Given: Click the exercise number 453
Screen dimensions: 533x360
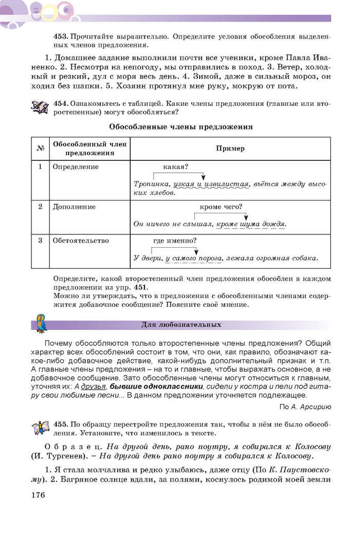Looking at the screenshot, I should [61, 37].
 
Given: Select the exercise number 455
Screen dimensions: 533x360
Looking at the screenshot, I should [61, 425].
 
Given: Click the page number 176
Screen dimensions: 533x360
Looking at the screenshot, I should [38, 495].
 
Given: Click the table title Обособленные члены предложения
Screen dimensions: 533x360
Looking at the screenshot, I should [181, 126].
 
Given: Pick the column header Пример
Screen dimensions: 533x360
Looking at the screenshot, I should [230, 149].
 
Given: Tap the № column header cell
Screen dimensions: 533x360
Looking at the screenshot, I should [40, 149].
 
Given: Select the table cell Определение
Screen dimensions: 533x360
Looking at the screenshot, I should [76, 167].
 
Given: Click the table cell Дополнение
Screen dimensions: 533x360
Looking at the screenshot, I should [74, 207].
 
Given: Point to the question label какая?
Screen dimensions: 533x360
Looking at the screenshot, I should [175, 167].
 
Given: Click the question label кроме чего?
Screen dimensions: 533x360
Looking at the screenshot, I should [220, 207].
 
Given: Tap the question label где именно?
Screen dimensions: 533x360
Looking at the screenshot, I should [175, 240].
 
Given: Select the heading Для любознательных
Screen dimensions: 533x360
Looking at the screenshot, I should [181, 325].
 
